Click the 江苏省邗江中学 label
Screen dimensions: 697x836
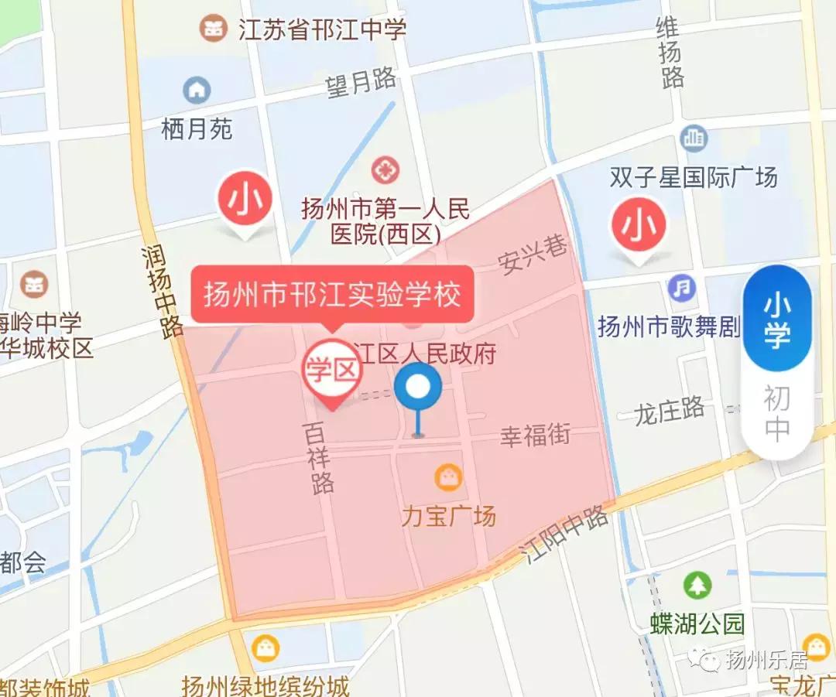[x=322, y=30]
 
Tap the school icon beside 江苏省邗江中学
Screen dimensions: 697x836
[x=213, y=29]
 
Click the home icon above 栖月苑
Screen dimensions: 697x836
[x=197, y=91]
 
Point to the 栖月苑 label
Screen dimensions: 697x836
[x=197, y=128]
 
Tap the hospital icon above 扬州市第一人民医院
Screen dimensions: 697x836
[x=385, y=169]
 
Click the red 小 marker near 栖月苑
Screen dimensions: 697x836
[x=248, y=200]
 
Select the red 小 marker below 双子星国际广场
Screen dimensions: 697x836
[x=639, y=227]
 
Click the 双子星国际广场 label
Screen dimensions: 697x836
[x=694, y=178]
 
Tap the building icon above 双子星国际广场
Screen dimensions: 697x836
[x=694, y=138]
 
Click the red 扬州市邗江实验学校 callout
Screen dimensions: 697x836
[x=332, y=295]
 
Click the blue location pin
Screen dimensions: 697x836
[x=418, y=388]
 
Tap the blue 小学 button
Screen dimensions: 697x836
[x=777, y=318]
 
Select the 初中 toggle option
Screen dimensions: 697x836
[x=777, y=414]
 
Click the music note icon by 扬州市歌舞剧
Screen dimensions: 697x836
[x=682, y=289]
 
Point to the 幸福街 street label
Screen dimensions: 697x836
[x=535, y=436]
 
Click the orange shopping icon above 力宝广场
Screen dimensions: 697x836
[x=448, y=477]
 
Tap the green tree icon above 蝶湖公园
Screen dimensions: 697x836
[x=697, y=584]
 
